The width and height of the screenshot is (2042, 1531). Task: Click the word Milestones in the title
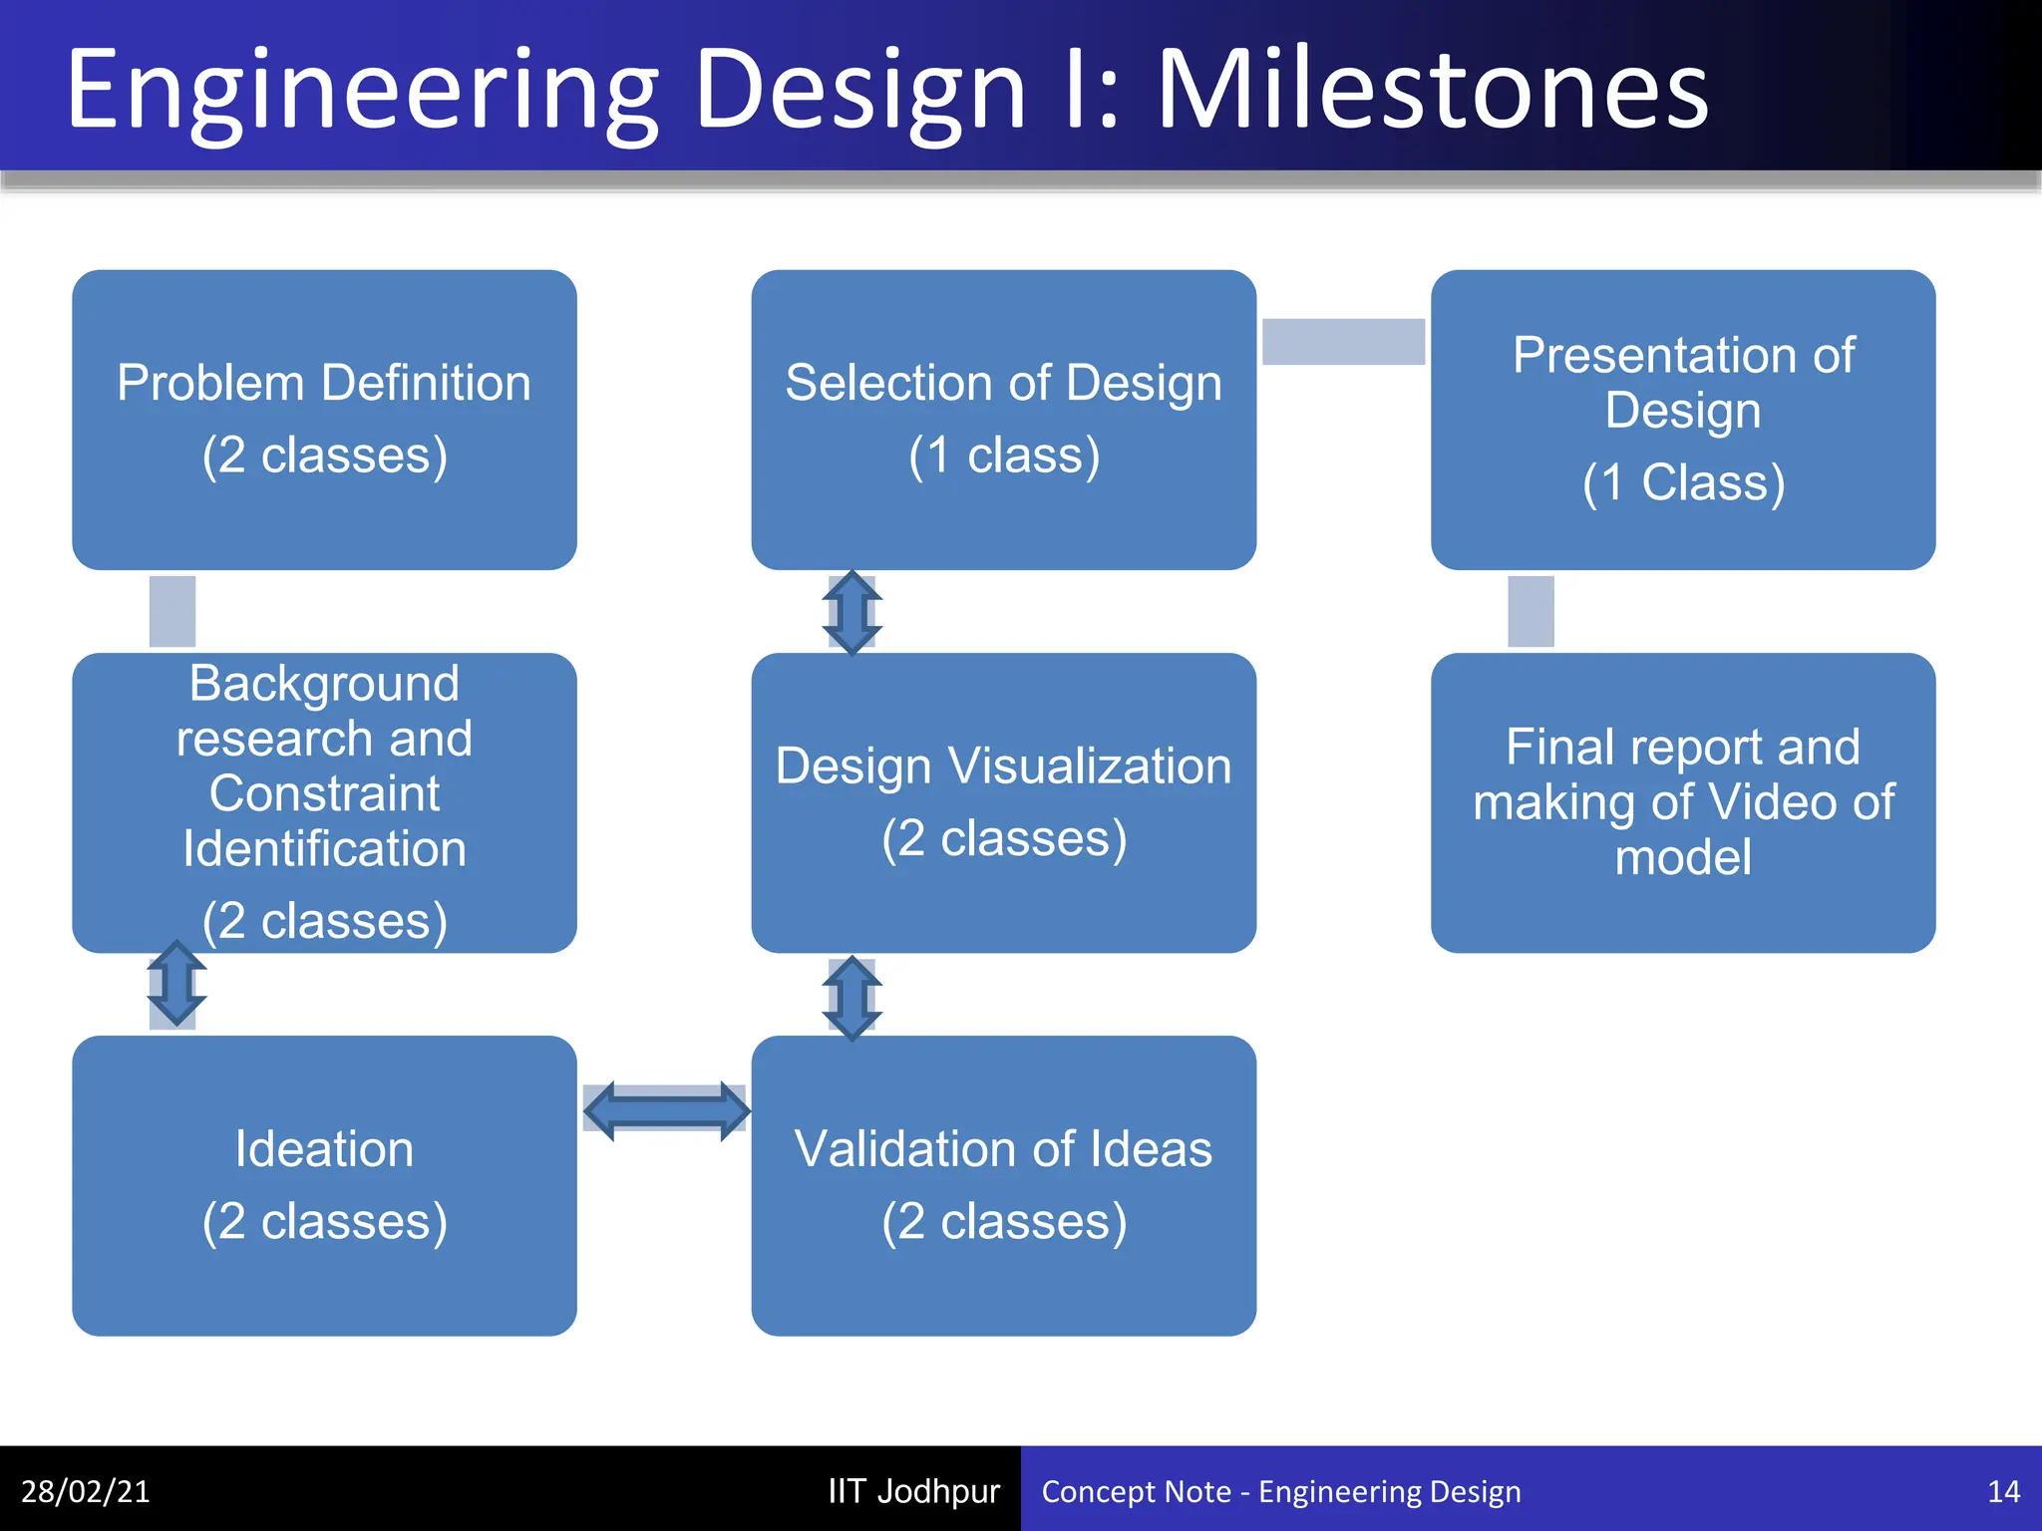(1432, 92)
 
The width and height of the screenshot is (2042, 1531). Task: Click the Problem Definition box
(324, 420)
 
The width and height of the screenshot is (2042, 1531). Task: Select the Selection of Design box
(1003, 420)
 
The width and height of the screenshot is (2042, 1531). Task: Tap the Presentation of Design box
(1683, 420)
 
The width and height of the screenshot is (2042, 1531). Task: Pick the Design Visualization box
(1003, 802)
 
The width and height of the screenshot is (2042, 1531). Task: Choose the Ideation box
(324, 1185)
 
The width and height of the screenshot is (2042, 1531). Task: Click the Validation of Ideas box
(1003, 1185)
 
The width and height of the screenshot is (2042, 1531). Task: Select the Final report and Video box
(1683, 802)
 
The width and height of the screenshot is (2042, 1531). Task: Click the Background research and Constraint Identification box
(324, 802)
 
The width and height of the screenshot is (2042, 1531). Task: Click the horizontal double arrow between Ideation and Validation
(666, 1110)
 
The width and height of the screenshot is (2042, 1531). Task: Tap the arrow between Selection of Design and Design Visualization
(851, 612)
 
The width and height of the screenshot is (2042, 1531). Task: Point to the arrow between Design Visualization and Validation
(851, 997)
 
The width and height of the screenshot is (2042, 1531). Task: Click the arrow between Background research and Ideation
(176, 984)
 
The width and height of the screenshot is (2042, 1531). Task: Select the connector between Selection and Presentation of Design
(1343, 342)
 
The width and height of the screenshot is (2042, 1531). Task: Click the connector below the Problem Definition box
(172, 611)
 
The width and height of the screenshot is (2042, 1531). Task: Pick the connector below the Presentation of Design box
(1531, 611)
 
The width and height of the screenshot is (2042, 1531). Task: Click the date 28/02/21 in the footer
(86, 1491)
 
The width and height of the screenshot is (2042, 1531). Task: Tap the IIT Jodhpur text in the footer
(913, 1491)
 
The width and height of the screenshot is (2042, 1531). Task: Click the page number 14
(2003, 1491)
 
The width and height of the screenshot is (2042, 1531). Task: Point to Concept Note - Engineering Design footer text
(1281, 1491)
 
